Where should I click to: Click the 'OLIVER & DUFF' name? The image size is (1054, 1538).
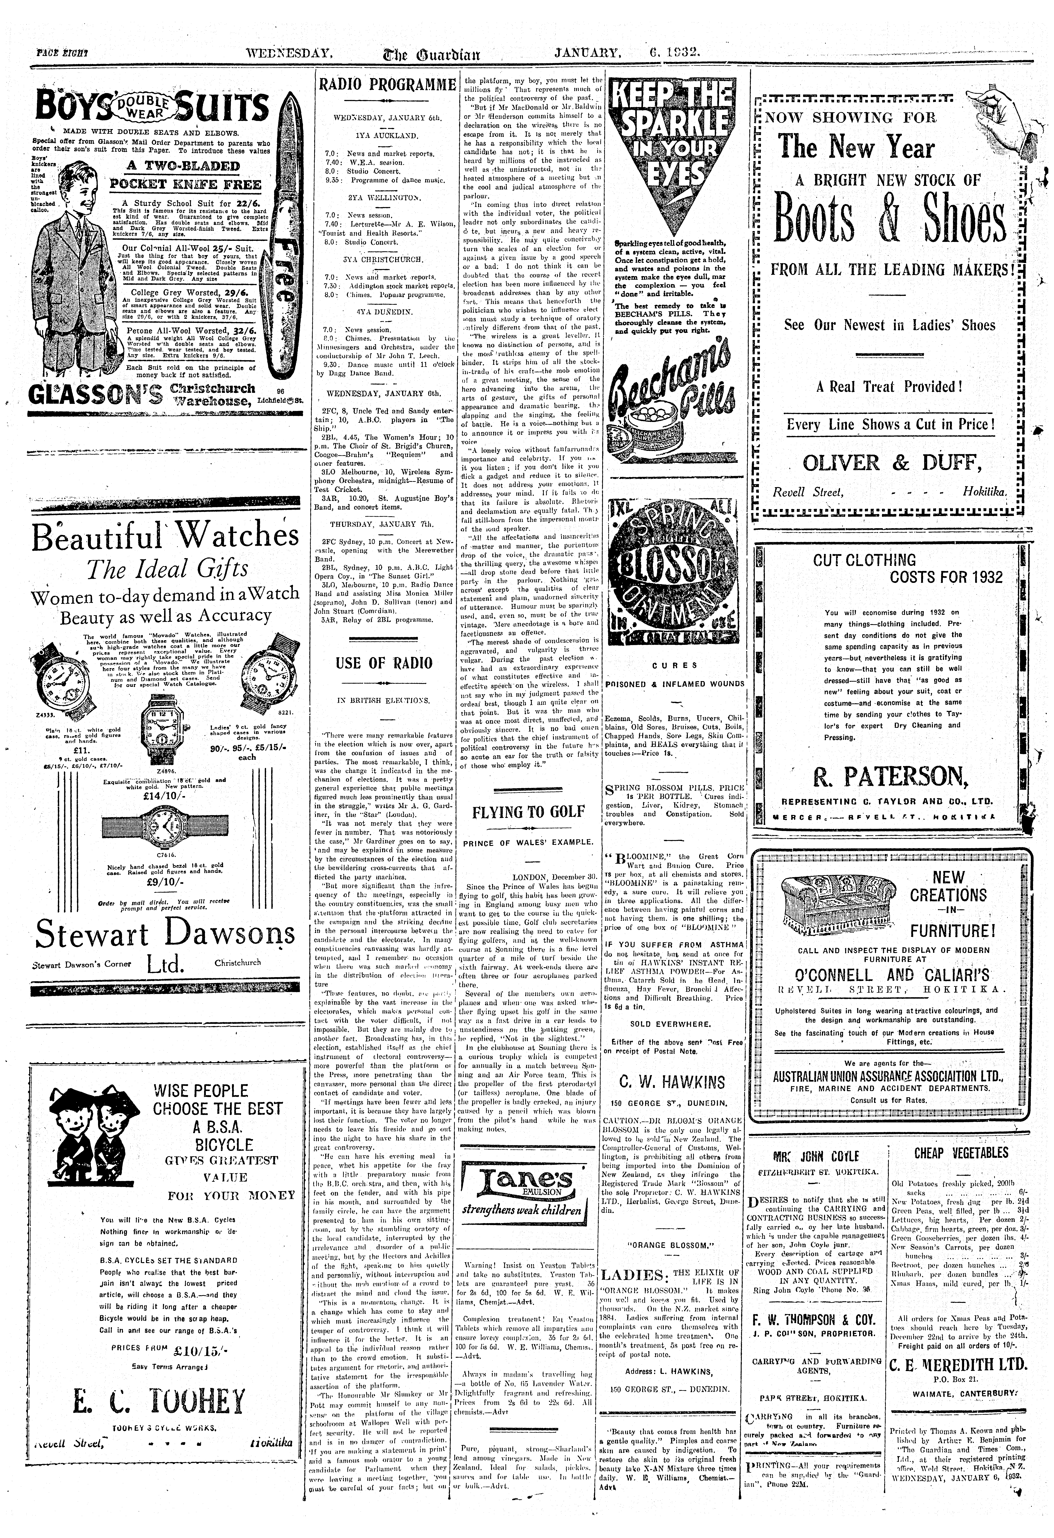coord(892,462)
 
